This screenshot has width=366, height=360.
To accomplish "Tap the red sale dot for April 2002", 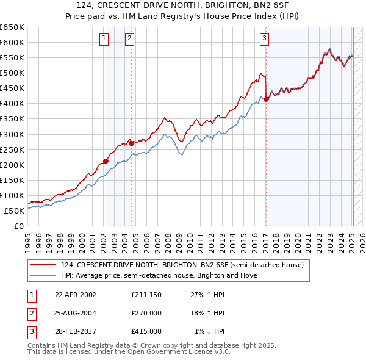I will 106,161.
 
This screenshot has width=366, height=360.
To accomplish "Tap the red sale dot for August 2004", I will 132,143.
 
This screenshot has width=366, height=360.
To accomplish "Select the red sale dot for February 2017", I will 266,99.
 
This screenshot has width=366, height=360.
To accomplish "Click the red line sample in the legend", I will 42,265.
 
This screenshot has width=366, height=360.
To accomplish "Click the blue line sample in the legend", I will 42,275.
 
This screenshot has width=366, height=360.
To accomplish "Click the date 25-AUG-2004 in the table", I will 76,313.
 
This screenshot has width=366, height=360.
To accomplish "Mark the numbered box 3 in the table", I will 30,331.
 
